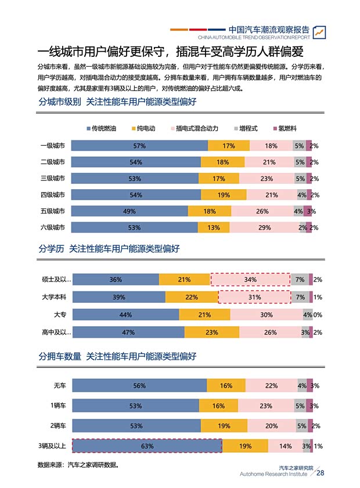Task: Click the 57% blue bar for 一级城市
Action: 139,146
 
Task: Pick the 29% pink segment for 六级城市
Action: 265,227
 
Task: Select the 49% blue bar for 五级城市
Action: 129,211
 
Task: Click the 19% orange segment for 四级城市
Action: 224,195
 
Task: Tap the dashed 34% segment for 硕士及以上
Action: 250,280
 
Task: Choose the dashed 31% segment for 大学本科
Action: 254,297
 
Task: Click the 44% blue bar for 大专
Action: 125,315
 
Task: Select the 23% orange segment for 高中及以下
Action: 211,332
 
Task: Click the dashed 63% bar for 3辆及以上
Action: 147,446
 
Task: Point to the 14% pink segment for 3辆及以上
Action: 285,446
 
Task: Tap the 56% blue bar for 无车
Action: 139,386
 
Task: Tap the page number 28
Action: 320,473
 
